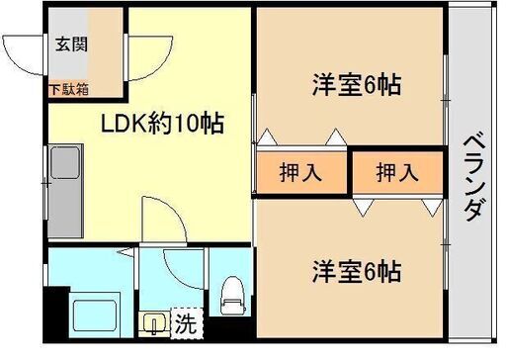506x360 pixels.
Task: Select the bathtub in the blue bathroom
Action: tap(97, 313)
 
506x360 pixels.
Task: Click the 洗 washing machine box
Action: tap(185, 322)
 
